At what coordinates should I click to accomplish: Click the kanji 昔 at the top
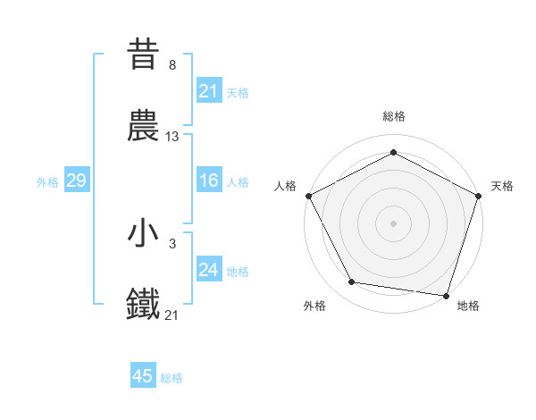point(144,55)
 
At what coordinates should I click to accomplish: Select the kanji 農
point(144,127)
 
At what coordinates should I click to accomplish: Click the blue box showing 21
point(208,90)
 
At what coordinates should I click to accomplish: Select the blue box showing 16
point(208,181)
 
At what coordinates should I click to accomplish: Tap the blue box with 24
point(208,270)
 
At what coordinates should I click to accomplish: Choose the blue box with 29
point(76,181)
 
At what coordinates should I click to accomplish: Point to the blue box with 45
point(143,376)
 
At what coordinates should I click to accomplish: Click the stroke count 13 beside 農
point(172,137)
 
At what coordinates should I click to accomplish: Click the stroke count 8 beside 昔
point(172,64)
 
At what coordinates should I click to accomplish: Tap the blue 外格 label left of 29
point(47,181)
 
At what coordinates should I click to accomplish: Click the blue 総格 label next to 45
point(172,377)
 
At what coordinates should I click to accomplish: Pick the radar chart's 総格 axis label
point(393,116)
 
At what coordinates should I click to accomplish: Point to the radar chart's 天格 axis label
point(503,186)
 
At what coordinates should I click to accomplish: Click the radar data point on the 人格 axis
point(308,195)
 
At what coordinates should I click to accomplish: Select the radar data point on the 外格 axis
point(352,282)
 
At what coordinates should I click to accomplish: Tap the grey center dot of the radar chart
point(393,223)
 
